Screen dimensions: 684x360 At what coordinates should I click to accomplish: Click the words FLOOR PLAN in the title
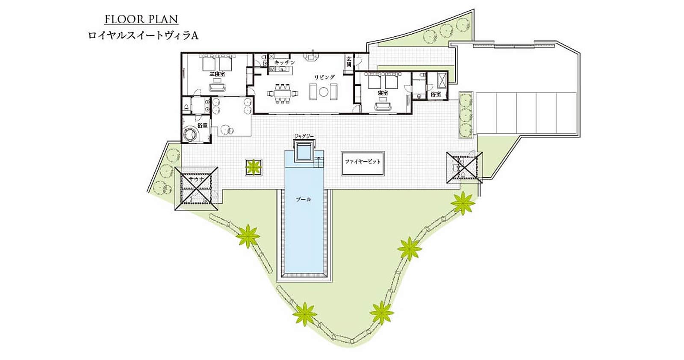pyautogui.click(x=142, y=19)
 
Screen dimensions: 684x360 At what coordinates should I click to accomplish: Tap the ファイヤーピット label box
pyautogui.click(x=363, y=163)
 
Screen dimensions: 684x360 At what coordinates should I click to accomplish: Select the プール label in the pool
pyautogui.click(x=304, y=199)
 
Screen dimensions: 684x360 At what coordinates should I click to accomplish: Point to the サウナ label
pyautogui.click(x=196, y=179)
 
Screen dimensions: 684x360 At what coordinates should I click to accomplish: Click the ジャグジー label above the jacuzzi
pyautogui.click(x=304, y=136)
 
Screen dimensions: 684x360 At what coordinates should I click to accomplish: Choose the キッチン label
pyautogui.click(x=285, y=62)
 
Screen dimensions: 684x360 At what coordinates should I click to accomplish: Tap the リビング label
pyautogui.click(x=324, y=77)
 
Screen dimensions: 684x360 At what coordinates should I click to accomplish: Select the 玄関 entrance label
pyautogui.click(x=349, y=62)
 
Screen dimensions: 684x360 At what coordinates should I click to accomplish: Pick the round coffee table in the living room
pyautogui.click(x=323, y=91)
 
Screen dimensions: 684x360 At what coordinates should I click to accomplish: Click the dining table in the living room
pyautogui.click(x=283, y=93)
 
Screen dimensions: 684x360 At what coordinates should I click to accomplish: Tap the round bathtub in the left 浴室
pyautogui.click(x=190, y=134)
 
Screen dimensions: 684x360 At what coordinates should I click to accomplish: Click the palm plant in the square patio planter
pyautogui.click(x=254, y=167)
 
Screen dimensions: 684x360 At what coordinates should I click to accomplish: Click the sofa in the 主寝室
pyautogui.click(x=217, y=88)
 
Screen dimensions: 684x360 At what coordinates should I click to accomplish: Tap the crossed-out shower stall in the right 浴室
pyautogui.click(x=442, y=79)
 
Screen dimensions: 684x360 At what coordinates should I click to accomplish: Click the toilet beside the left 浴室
pyautogui.click(x=186, y=108)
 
